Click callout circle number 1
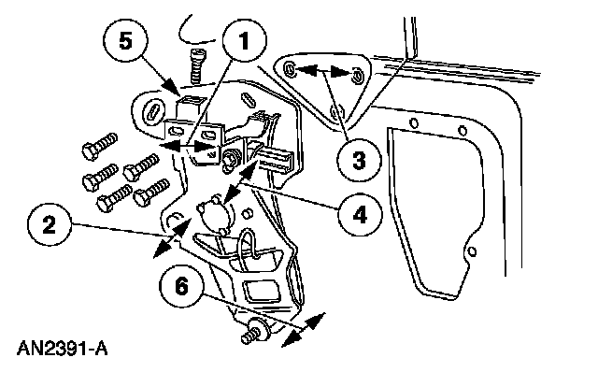pyautogui.click(x=245, y=40)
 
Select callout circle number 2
pyautogui.click(x=50, y=225)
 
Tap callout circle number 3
pyautogui.click(x=359, y=160)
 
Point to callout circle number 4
pyautogui.click(x=359, y=214)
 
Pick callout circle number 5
pyautogui.click(x=125, y=41)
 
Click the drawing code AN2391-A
pyautogui.click(x=63, y=349)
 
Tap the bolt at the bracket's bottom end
pyautogui.click(x=255, y=333)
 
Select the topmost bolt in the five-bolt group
pyautogui.click(x=100, y=146)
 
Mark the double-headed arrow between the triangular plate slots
pyautogui.click(x=322, y=71)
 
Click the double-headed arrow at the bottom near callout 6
pyautogui.click(x=303, y=330)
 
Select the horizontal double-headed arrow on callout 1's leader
pyautogui.click(x=185, y=146)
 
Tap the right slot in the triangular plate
pyautogui.click(x=358, y=76)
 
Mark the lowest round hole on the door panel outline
pyautogui.click(x=472, y=251)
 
